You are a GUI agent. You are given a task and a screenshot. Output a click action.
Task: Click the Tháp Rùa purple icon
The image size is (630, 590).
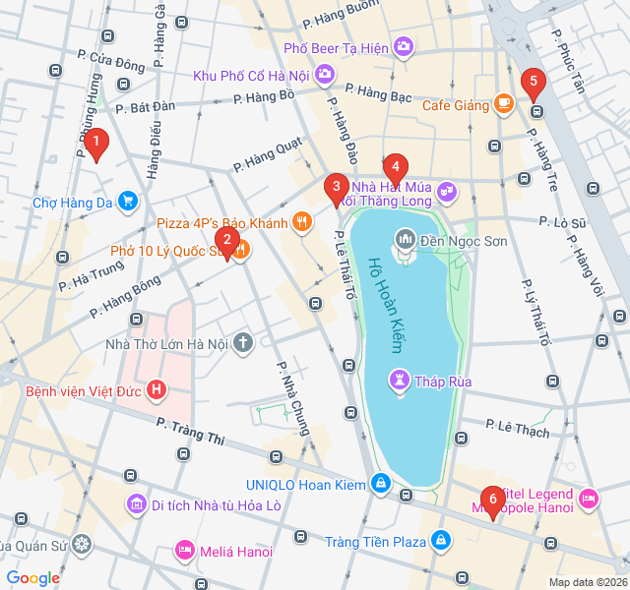[399, 378]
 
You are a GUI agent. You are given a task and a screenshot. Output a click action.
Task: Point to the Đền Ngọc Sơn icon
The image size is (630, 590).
[405, 239]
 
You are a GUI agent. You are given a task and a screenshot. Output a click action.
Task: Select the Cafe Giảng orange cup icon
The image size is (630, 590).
[503, 103]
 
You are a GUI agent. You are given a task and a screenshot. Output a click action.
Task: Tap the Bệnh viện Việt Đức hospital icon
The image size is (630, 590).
[156, 390]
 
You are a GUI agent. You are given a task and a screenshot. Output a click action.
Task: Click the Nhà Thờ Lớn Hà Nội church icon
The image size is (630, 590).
[243, 343]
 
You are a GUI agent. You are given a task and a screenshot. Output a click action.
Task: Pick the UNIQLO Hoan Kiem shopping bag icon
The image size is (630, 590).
[381, 484]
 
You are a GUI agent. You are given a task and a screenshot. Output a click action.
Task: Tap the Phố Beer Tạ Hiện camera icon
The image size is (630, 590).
[404, 47]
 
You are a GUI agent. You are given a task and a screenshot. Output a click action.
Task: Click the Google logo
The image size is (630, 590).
[33, 578]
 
